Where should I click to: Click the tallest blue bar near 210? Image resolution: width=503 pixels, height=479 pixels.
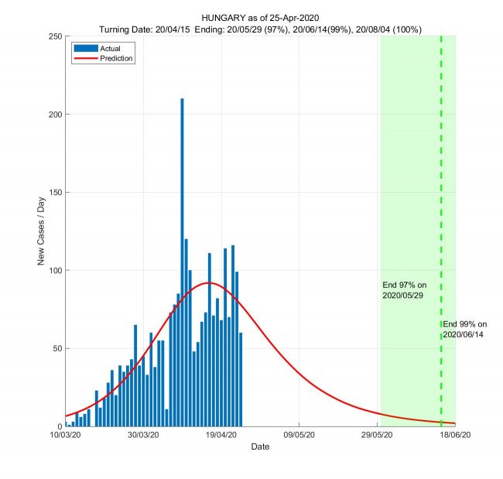[182, 263]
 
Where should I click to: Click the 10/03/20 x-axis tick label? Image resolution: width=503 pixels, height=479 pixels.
[67, 436]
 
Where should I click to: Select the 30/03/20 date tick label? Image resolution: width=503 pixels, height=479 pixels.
[143, 436]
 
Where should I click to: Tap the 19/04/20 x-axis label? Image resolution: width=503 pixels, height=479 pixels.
[221, 436]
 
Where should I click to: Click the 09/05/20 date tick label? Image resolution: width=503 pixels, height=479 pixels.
[299, 436]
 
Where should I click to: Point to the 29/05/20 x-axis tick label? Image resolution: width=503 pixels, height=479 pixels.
[377, 436]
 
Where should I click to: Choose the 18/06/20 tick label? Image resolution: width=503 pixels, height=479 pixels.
[454, 436]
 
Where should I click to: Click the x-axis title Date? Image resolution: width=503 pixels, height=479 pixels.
[260, 447]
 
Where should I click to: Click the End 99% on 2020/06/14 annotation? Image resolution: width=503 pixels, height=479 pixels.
[465, 329]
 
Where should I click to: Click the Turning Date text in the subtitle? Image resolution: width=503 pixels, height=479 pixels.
[128, 29]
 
